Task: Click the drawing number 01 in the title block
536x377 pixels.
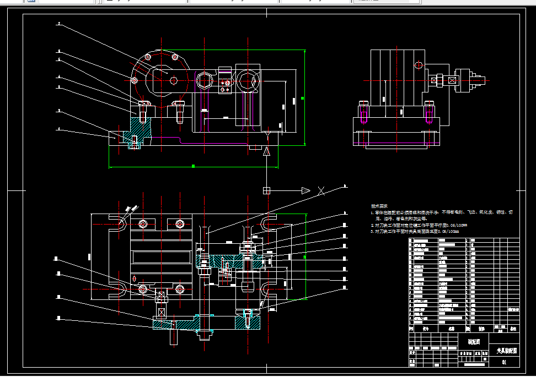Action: click(503, 362)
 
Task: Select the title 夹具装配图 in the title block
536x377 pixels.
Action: click(503, 350)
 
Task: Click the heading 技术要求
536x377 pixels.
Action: click(381, 205)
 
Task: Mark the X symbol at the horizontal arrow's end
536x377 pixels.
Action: click(321, 190)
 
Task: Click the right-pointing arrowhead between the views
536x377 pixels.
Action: click(305, 190)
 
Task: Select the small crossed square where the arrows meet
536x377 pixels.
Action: click(267, 190)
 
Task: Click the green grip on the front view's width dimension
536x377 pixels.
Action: click(193, 165)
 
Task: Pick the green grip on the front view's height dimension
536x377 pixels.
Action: click(303, 99)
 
